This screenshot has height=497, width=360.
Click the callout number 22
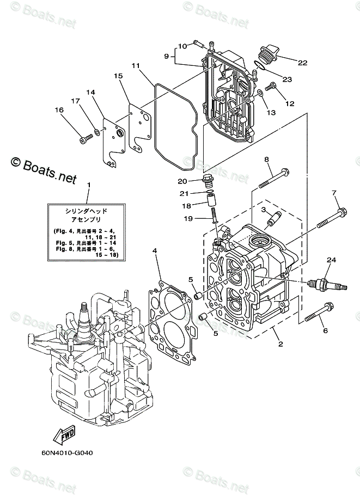tap(302, 63)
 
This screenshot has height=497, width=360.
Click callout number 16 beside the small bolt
tap(59, 111)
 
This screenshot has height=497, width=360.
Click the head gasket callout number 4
tap(155, 250)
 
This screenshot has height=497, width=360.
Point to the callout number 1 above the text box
tap(89, 185)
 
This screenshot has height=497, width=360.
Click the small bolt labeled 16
tap(84, 140)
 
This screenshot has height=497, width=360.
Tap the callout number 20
tap(182, 181)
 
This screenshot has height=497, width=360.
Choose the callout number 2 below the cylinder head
tap(280, 344)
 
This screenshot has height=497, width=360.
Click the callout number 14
tap(90, 93)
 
